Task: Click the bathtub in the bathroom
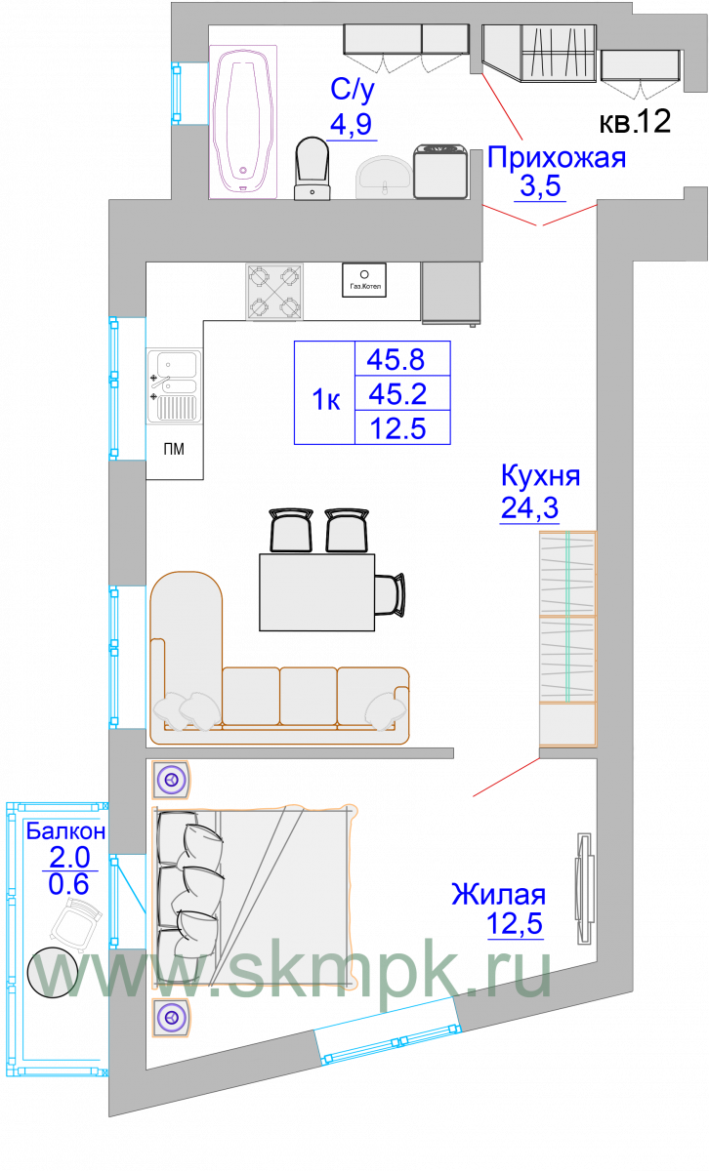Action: [x=243, y=122]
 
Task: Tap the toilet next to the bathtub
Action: [x=313, y=169]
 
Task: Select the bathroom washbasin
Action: [x=384, y=178]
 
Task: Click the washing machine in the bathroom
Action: [x=440, y=172]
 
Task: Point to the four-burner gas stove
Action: [x=274, y=292]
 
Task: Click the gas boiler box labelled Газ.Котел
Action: [x=364, y=280]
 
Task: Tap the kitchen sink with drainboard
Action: [x=174, y=385]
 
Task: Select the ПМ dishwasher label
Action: [x=174, y=449]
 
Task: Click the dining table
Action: [x=316, y=592]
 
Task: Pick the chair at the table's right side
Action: [x=390, y=594]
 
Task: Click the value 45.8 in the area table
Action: [x=396, y=360]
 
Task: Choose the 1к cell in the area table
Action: [x=325, y=400]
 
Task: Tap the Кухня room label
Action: [x=540, y=475]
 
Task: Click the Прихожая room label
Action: [x=557, y=157]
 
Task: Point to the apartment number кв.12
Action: [x=635, y=121]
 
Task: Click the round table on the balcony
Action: [x=53, y=973]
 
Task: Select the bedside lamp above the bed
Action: [x=171, y=780]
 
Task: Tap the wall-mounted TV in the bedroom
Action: [x=585, y=889]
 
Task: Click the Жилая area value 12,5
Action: [x=515, y=923]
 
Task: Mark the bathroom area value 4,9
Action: [x=352, y=124]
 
